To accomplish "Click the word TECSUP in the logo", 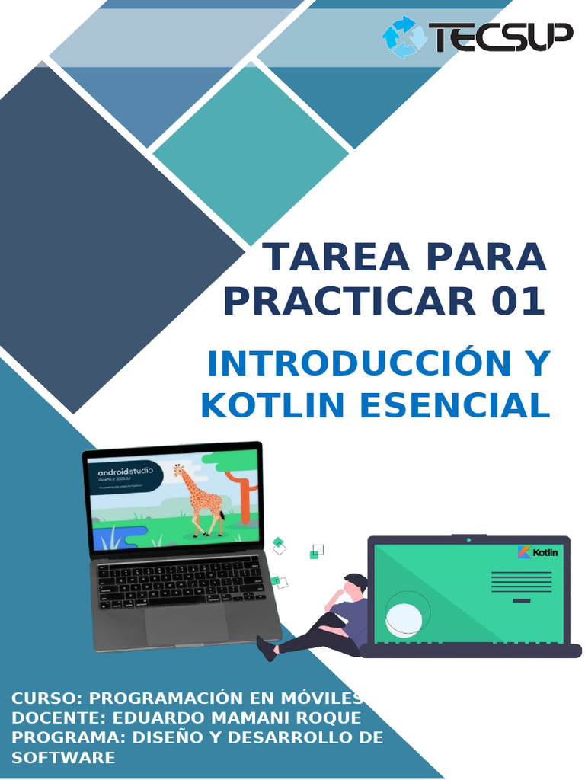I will pyautogui.click(x=500, y=37).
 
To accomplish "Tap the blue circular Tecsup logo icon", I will pyautogui.click(x=404, y=37).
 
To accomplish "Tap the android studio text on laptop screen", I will pyautogui.click(x=126, y=472).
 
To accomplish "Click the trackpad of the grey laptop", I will pyautogui.click(x=186, y=622).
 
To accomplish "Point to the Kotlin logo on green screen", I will pyautogui.click(x=538, y=552).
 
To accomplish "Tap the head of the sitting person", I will pyautogui.click(x=353, y=587).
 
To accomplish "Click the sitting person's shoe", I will pyautogui.click(x=266, y=648).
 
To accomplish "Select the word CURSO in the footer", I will pyautogui.click(x=46, y=698).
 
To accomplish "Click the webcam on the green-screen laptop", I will pyautogui.click(x=468, y=539).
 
